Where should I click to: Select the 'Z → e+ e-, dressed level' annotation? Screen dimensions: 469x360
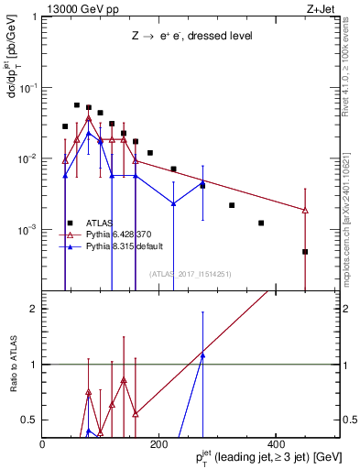click(x=191, y=37)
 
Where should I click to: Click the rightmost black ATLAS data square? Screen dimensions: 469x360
click(x=305, y=252)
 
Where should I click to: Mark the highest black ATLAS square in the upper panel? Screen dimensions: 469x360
click(x=77, y=105)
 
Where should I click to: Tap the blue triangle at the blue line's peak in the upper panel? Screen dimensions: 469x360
click(x=89, y=133)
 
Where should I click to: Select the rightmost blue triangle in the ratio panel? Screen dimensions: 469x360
click(x=202, y=354)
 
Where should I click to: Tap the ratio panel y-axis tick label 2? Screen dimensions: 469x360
click(x=33, y=309)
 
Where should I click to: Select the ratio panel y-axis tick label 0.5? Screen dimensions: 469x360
click(x=29, y=420)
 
